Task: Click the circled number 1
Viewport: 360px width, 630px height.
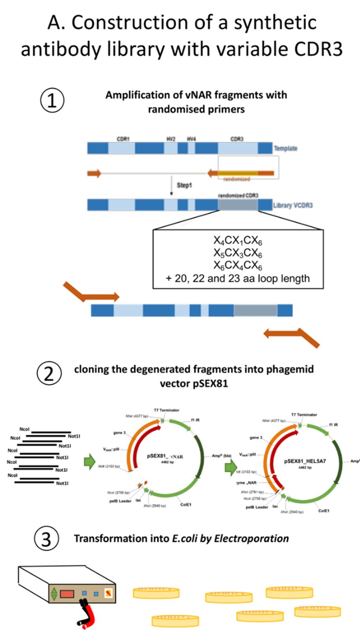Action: (52, 101)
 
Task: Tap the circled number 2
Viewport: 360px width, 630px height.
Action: (49, 373)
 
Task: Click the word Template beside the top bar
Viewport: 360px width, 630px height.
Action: (285, 148)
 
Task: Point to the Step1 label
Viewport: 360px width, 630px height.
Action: (184, 185)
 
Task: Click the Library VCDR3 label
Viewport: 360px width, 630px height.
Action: (293, 205)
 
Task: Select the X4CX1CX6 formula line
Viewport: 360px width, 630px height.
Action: (238, 241)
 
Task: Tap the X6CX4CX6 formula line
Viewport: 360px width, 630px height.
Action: (238, 266)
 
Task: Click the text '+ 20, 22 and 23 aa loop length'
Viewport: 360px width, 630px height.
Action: (238, 278)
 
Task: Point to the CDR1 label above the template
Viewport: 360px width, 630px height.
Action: (123, 139)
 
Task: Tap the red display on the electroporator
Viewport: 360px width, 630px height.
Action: (67, 594)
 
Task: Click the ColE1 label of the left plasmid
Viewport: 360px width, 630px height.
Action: (186, 504)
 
